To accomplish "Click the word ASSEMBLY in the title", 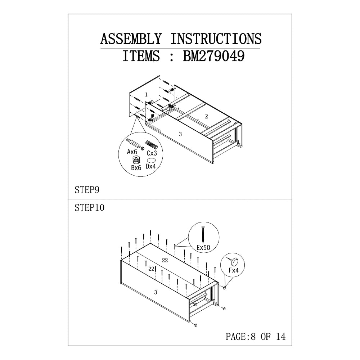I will [131, 39].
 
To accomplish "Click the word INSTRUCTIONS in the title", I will [216, 39].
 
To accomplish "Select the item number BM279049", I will [213, 56].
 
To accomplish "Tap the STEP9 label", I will [87, 190].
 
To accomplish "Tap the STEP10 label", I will [90, 208].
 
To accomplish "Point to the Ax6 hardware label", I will [132, 152].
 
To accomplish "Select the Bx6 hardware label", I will [136, 168].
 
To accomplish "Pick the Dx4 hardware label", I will [151, 166].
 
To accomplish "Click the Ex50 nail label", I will [203, 247].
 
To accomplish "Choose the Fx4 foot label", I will [234, 270].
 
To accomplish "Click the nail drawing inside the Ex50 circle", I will [203, 234].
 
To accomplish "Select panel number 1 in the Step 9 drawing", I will [146, 94].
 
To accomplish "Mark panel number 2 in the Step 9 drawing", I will [206, 116].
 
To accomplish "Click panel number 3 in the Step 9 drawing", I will [180, 134].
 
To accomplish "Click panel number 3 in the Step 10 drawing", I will [156, 292].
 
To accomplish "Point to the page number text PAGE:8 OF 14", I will [255, 337].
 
